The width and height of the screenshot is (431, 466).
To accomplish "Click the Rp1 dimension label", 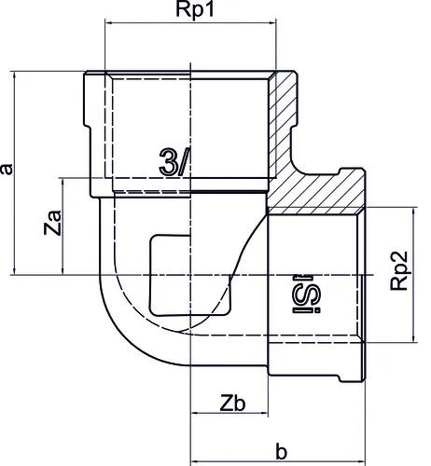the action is tap(195, 10).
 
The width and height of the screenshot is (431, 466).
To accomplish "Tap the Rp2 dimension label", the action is tap(399, 270).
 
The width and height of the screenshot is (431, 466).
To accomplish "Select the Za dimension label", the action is tap(53, 223).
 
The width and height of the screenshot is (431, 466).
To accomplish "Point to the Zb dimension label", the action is tap(232, 404).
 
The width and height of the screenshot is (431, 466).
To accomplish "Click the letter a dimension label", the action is tap(7, 170).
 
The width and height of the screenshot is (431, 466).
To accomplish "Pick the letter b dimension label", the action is tap(281, 452).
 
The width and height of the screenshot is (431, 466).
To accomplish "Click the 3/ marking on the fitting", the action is tap(174, 162).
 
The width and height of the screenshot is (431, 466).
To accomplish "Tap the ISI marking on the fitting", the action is tap(302, 294).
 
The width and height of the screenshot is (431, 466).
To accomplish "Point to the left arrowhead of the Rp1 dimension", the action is tap(109, 22).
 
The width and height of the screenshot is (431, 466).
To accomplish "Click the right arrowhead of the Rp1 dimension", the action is tap(272, 22).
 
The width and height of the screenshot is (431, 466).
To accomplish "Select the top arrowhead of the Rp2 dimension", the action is tap(413, 212).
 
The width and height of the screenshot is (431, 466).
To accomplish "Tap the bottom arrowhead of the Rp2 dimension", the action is tap(413, 338).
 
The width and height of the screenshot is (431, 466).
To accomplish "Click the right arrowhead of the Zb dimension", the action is tap(264, 413).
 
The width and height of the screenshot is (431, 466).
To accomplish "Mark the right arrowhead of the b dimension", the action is tap(361, 461).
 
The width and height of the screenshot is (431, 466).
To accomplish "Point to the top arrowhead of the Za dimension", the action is tap(63, 183).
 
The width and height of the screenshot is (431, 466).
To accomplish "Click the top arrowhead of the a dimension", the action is tap(14, 75).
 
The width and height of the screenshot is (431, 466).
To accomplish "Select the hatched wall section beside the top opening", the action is tap(282, 124).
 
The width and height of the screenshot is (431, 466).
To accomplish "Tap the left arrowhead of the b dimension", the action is tap(194, 461).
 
